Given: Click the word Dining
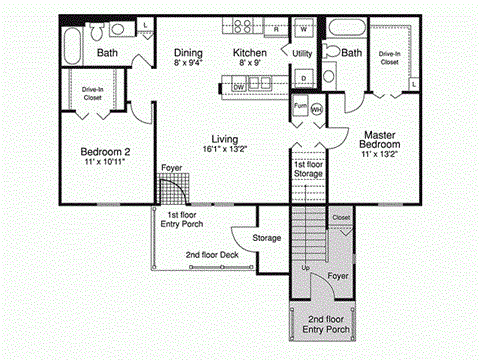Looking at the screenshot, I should tap(188, 53).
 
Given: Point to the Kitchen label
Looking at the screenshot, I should tap(250, 53).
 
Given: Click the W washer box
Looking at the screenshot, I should tap(303, 29).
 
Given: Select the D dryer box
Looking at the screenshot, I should tap(303, 76).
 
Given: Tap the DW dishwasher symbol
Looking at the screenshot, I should tap(239, 87).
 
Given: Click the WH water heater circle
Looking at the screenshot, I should tap(317, 108).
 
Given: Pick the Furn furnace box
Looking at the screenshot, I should tap(299, 103).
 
